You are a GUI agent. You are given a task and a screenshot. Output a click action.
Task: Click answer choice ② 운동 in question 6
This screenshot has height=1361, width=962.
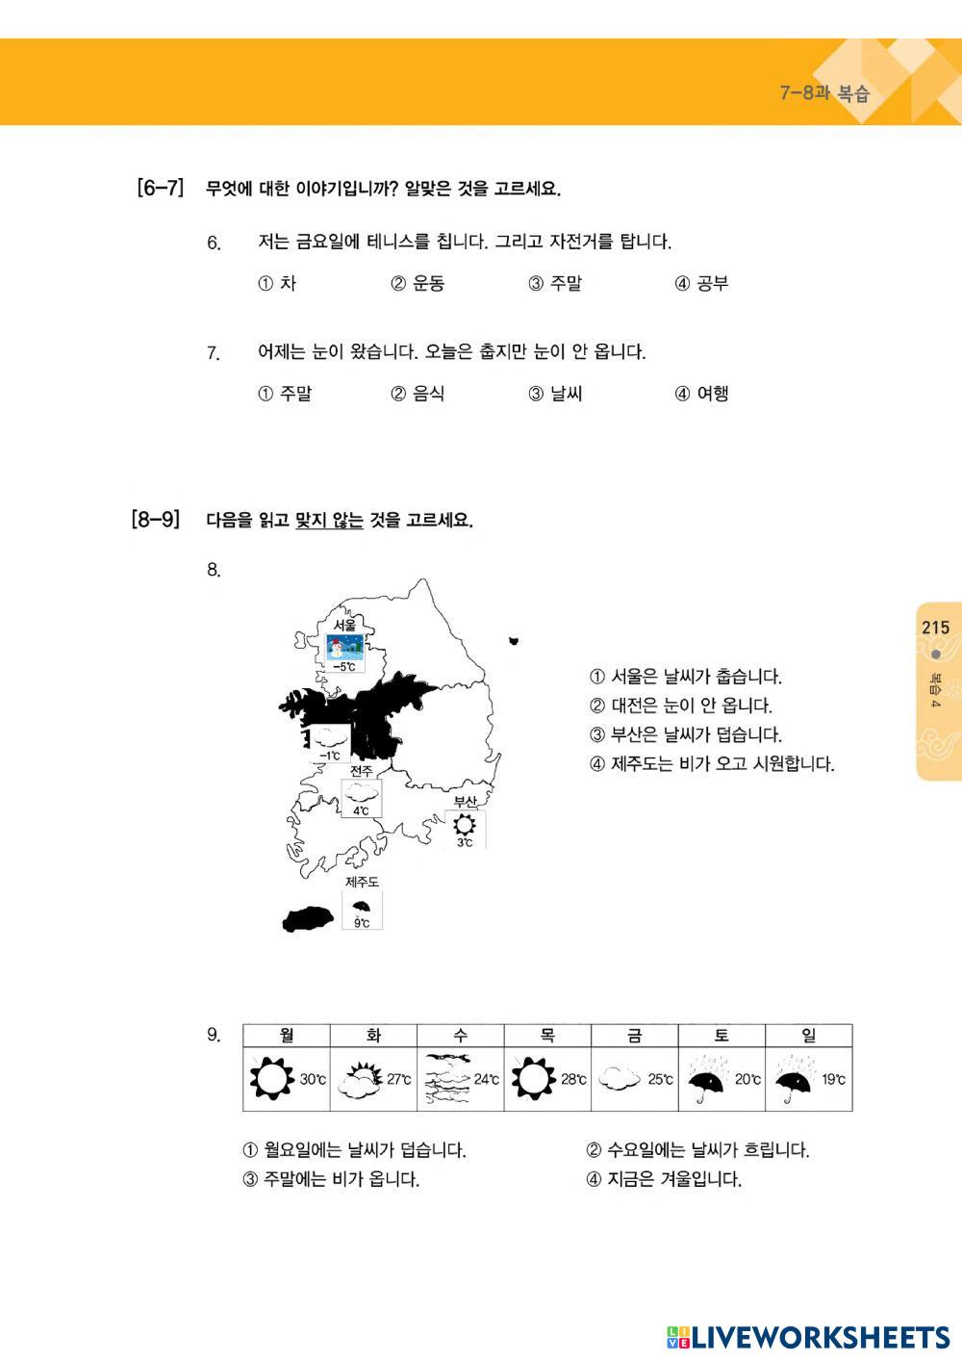click(x=418, y=283)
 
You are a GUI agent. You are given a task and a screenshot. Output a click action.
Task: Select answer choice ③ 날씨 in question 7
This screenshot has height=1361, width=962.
click(x=555, y=394)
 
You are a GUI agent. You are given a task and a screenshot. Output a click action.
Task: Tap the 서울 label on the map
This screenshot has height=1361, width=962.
click(x=345, y=625)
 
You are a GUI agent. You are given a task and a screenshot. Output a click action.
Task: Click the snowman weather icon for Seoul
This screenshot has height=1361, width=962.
click(x=345, y=647)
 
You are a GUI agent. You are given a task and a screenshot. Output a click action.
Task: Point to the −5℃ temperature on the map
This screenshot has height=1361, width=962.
click(x=344, y=666)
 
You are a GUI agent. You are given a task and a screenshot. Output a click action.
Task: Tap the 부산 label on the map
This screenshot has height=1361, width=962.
click(x=466, y=802)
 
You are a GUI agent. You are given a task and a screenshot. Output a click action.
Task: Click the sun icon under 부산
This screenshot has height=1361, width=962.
click(x=465, y=825)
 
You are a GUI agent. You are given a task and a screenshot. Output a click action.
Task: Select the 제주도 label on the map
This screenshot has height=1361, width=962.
click(x=362, y=882)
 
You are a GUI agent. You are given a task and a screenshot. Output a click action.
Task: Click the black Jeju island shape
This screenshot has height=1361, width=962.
click(x=308, y=918)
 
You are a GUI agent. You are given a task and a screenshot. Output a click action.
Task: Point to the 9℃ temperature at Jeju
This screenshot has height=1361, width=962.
click(x=362, y=924)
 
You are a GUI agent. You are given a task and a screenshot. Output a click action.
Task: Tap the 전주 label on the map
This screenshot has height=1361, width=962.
click(x=362, y=770)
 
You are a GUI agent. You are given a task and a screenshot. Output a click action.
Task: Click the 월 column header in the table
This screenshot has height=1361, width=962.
click(x=286, y=1035)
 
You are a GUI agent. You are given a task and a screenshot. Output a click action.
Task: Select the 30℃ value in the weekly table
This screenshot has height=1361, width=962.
click(x=313, y=1079)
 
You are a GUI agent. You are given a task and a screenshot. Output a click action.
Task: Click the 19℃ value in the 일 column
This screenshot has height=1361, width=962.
click(x=834, y=1079)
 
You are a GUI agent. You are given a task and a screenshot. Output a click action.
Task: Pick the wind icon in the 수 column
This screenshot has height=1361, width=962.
click(x=447, y=1080)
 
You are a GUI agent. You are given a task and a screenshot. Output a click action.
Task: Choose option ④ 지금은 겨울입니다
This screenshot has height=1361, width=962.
click(x=664, y=1179)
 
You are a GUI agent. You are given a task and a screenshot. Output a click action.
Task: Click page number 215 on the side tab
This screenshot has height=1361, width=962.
click(x=935, y=628)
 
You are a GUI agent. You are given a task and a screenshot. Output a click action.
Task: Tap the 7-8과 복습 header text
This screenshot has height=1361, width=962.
click(x=824, y=93)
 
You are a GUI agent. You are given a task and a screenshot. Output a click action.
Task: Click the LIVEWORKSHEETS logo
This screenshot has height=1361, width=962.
click(x=808, y=1337)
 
